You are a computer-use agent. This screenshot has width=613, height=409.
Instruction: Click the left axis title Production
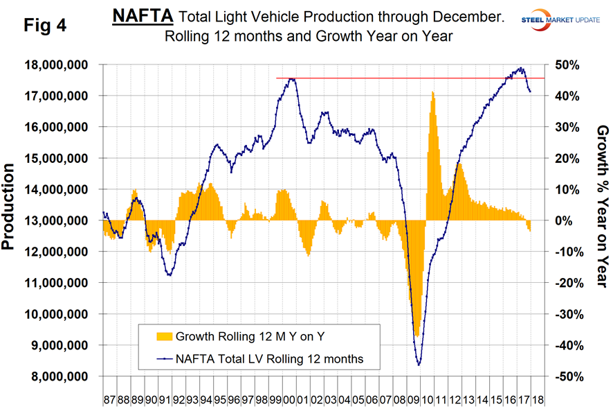pos(10,207)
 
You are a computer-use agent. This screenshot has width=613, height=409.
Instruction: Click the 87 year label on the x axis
pos(109,401)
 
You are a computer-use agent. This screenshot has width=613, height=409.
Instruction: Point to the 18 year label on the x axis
pos(538,401)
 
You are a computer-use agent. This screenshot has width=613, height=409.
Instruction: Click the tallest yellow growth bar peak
pos(432,92)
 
